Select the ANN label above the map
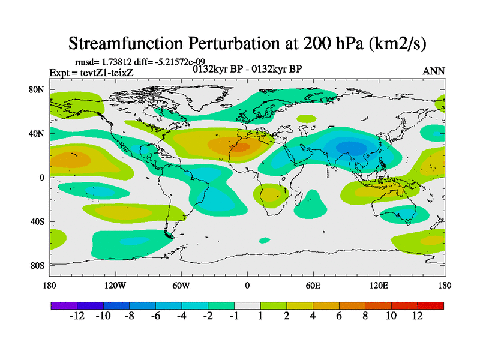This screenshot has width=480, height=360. [x=434, y=71]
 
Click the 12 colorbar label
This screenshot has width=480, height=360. [x=418, y=316]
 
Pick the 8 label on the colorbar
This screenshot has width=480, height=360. [x=365, y=316]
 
